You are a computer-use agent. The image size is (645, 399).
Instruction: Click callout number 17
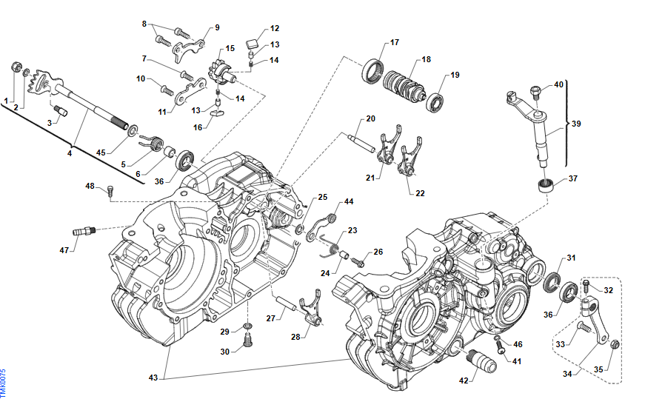pos(394,41)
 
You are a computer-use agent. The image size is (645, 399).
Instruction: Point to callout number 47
pos(64,250)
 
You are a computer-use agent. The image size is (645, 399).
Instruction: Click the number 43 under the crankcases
pos(153,378)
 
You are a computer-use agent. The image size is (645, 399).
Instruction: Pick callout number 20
pos(370,118)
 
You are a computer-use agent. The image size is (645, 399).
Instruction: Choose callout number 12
pos(275,29)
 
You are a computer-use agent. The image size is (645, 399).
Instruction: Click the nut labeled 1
pos(17,69)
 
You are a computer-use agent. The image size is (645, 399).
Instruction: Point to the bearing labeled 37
pos(547,186)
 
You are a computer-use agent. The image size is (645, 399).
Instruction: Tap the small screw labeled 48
pos(110,192)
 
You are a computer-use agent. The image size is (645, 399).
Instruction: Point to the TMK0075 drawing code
pos(4,381)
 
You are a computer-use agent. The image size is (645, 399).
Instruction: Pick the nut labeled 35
pos(615,343)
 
